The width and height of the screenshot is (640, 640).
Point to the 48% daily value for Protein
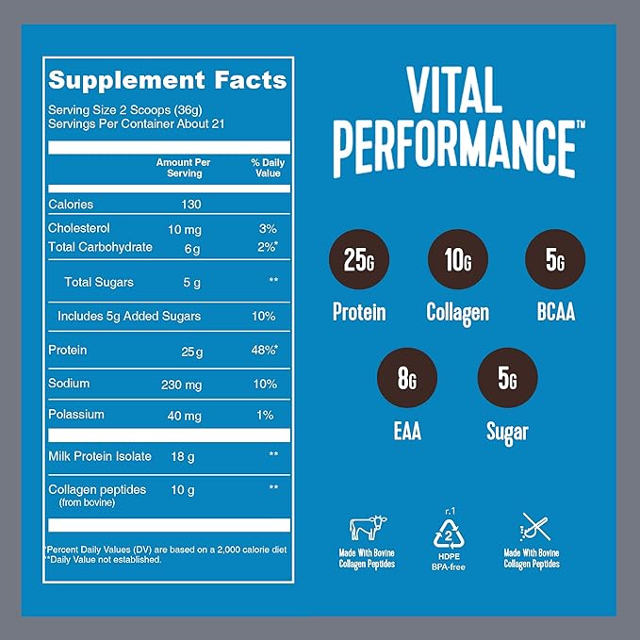(x=264, y=351)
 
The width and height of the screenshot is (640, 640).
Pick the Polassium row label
(x=76, y=415)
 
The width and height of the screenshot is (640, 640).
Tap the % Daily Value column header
(x=267, y=168)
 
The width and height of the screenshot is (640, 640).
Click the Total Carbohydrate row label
(x=99, y=247)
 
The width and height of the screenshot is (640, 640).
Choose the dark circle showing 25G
(x=358, y=259)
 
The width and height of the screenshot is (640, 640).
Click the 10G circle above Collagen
(x=457, y=259)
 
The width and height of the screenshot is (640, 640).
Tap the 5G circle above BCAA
(x=554, y=259)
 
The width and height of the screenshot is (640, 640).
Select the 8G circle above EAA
(x=408, y=379)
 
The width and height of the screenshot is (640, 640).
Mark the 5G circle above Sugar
(x=507, y=379)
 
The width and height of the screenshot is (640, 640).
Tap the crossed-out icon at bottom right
(x=531, y=527)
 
